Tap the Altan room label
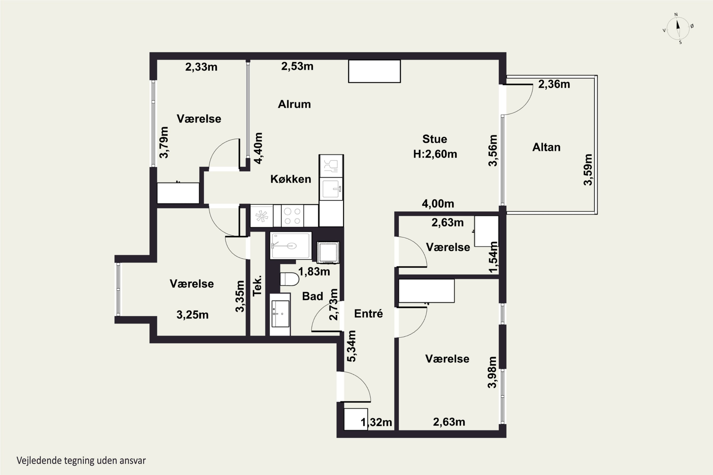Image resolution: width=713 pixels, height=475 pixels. pyautogui.click(x=546, y=147)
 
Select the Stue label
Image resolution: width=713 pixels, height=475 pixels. pyautogui.click(x=435, y=139)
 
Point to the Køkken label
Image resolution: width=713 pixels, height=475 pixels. pyautogui.click(x=291, y=179)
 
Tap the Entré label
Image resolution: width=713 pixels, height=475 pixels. pyautogui.click(x=368, y=313)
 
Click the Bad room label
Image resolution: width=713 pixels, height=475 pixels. pyautogui.click(x=313, y=296)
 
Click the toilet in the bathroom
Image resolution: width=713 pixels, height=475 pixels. pyautogui.click(x=289, y=279)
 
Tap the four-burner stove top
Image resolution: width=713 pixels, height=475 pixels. pyautogui.click(x=292, y=216)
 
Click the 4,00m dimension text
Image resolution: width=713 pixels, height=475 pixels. pyautogui.click(x=438, y=204)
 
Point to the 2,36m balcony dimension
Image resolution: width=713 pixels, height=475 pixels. pyautogui.click(x=554, y=84)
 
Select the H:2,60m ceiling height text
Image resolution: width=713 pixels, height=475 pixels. pyautogui.click(x=435, y=154)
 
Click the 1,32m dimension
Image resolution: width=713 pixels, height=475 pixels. pyautogui.click(x=376, y=422)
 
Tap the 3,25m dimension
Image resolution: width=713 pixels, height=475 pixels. pyautogui.click(x=193, y=315)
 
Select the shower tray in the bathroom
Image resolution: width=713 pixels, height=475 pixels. pyautogui.click(x=291, y=246)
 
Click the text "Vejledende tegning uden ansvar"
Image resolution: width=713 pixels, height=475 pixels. pyautogui.click(x=81, y=461)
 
